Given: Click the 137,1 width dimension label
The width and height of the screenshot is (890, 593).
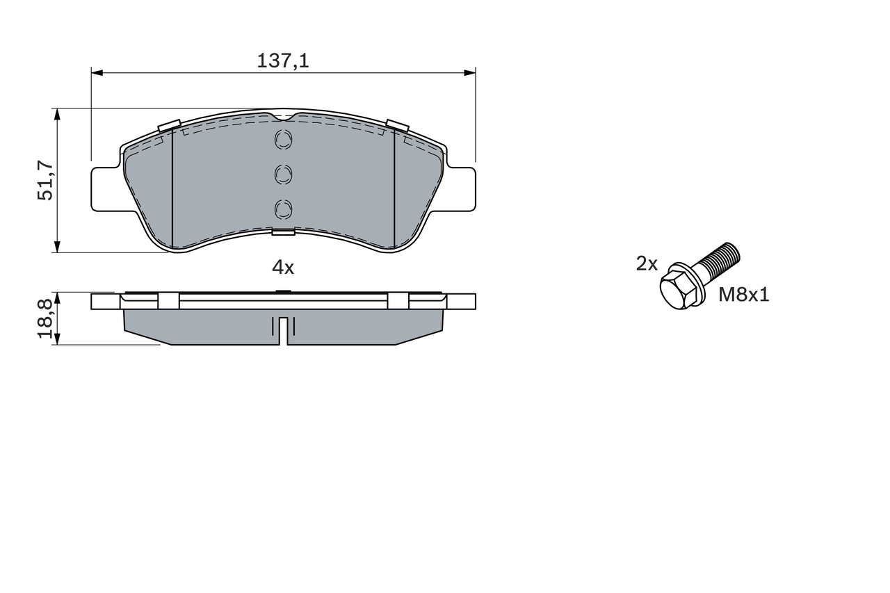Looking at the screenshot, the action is [283, 61].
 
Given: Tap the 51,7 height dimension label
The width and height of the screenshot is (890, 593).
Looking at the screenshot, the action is [45, 180].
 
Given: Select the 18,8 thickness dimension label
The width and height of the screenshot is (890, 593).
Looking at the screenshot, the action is [45, 319].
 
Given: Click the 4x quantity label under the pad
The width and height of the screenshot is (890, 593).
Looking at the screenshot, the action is [283, 268].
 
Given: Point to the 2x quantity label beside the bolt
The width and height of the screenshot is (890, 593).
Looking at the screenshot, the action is [647, 263].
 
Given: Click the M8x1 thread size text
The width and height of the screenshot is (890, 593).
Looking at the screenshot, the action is [744, 295].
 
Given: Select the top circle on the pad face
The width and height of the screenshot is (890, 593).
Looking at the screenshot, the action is [284, 140].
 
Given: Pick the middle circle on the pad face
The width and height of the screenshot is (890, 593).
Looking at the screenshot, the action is [284, 174].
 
